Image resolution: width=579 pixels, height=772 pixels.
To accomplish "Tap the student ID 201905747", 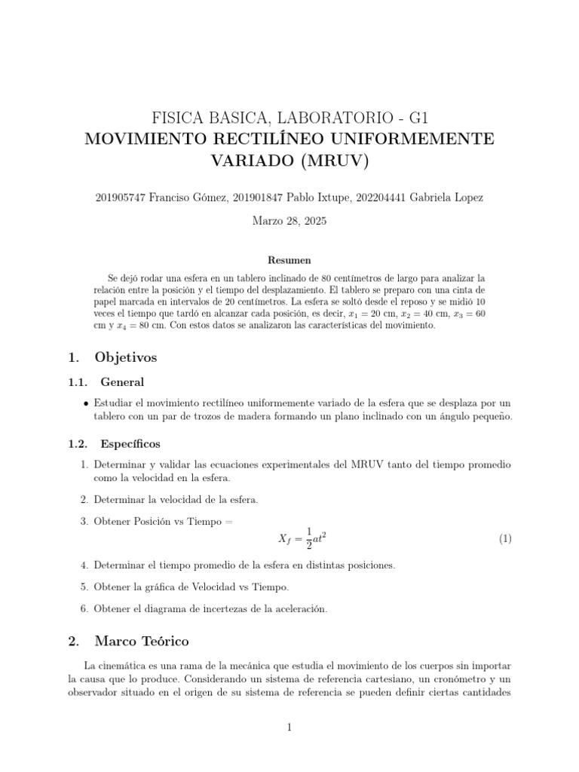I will [x=122, y=198].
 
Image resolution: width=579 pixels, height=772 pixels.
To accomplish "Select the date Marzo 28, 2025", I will [x=289, y=222].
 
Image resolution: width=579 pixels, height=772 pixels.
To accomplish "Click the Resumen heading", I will [x=289, y=259].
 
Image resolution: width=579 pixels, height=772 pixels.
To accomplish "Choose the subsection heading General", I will [x=122, y=382].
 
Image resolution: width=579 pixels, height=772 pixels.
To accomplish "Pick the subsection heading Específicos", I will [x=130, y=443].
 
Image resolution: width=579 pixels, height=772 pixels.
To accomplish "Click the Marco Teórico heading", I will [x=142, y=642].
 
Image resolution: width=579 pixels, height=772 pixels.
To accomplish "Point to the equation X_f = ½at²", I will [x=302, y=538].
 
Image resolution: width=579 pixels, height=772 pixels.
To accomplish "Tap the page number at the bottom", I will [x=289, y=727].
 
